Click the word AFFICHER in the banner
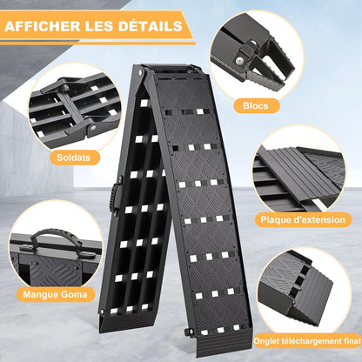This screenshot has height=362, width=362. point(43,26)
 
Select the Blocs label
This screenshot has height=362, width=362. point(256,105)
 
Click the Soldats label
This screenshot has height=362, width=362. point(74,158)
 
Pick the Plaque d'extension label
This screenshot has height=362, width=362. point(303,219)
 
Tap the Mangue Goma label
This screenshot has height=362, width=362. point(55,294)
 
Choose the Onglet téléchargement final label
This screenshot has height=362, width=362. point(307,341)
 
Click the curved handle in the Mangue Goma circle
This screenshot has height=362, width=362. point(55,233)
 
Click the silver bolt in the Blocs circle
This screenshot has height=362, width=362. point(239,60)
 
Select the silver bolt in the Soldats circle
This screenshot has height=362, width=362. point(93,128)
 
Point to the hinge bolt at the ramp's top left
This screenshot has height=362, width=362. point(141,72)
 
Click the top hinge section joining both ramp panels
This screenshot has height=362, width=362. point(171,69)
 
